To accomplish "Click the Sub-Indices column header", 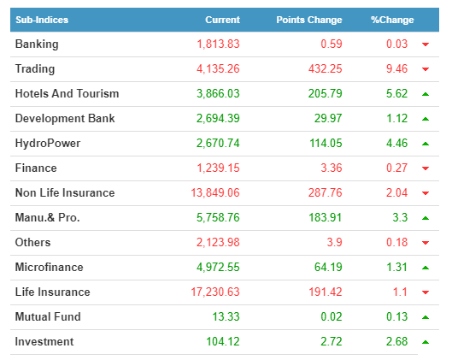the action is [x=42, y=20].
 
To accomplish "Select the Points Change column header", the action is [x=309, y=20].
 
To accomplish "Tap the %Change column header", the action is [x=392, y=20].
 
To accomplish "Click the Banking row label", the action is [x=37, y=44].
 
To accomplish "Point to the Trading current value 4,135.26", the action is [x=218, y=69].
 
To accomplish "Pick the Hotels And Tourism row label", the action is [x=68, y=94].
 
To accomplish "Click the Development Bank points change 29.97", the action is [x=328, y=119].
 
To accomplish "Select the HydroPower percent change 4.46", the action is [x=397, y=144].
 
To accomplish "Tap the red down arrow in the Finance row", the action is [x=426, y=168].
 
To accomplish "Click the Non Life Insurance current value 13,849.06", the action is [x=215, y=193].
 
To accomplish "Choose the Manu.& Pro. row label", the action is [x=48, y=218].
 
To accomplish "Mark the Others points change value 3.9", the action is [x=334, y=243].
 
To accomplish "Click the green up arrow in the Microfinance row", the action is [x=426, y=268].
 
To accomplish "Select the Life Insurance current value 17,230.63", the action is [x=215, y=292].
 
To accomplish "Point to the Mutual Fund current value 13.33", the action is [x=226, y=317].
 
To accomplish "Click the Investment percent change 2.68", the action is [x=397, y=342].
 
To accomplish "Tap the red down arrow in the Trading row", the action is [x=426, y=69].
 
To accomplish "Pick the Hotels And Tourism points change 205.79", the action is [x=326, y=94].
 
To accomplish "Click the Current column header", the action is [x=222, y=20].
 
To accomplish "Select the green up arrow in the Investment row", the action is [x=426, y=342].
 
